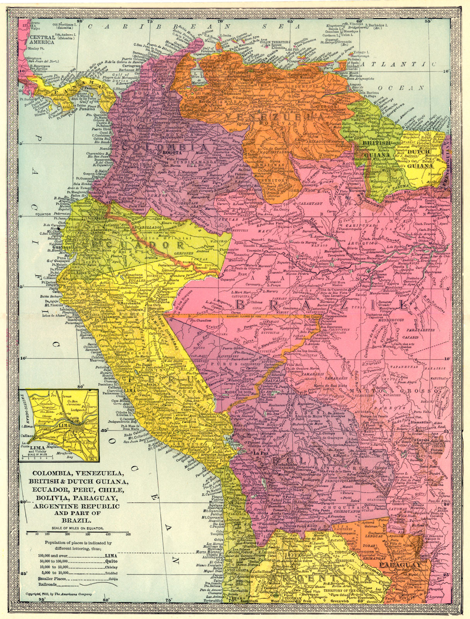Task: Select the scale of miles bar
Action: [77, 532]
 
